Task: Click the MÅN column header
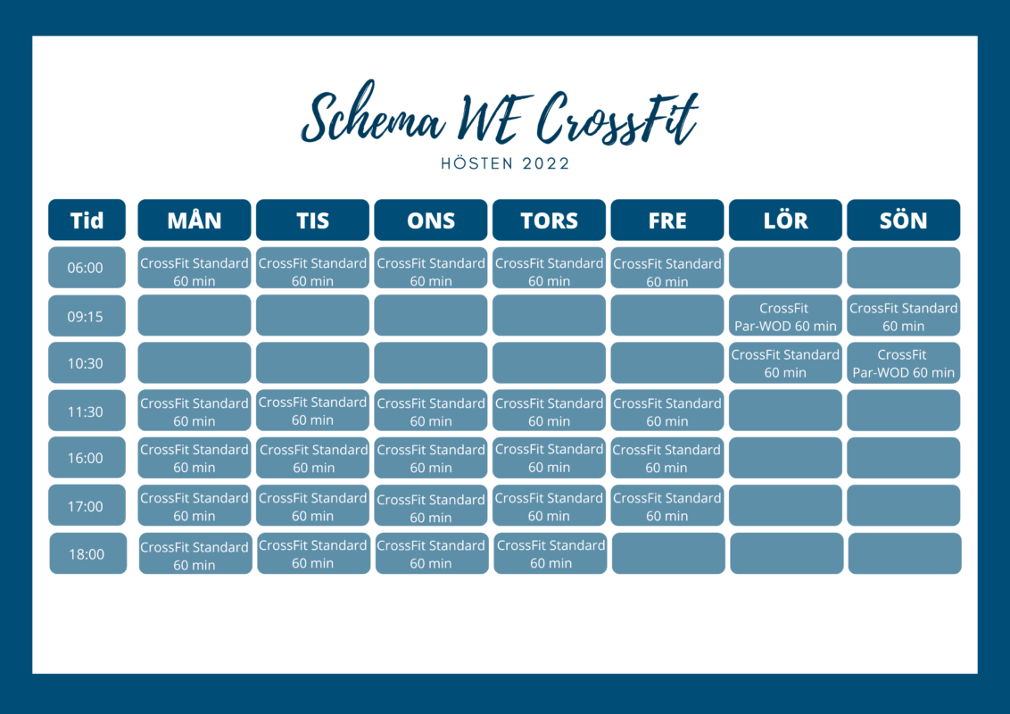194,220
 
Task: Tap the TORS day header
549,220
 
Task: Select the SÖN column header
903,220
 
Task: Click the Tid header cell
87,220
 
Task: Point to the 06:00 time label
87,268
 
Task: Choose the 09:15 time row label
87,316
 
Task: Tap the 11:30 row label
87,411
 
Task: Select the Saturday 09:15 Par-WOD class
785,316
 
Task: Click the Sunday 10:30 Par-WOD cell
903,362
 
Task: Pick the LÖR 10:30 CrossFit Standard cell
785,362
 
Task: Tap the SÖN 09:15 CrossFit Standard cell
903,316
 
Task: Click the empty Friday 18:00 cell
668,553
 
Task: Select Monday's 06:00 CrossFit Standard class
194,268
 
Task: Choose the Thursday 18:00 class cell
551,553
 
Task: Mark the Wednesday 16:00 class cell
430,458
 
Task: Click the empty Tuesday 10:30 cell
312,362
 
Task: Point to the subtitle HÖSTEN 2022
506,163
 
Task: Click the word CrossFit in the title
617,117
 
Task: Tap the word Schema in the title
372,112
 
